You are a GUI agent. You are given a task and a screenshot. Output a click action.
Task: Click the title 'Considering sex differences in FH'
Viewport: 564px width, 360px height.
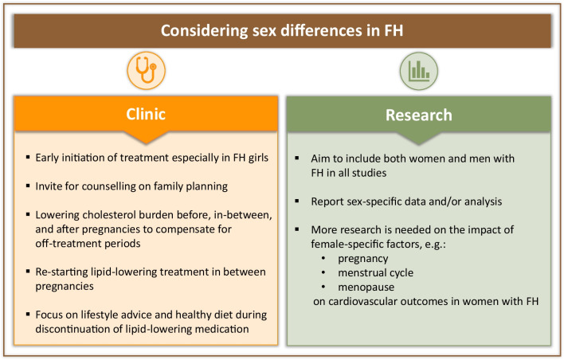coord(281,33)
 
